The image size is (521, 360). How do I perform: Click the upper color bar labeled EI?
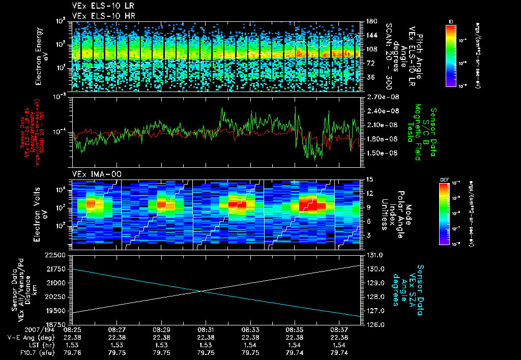click(451, 54)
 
